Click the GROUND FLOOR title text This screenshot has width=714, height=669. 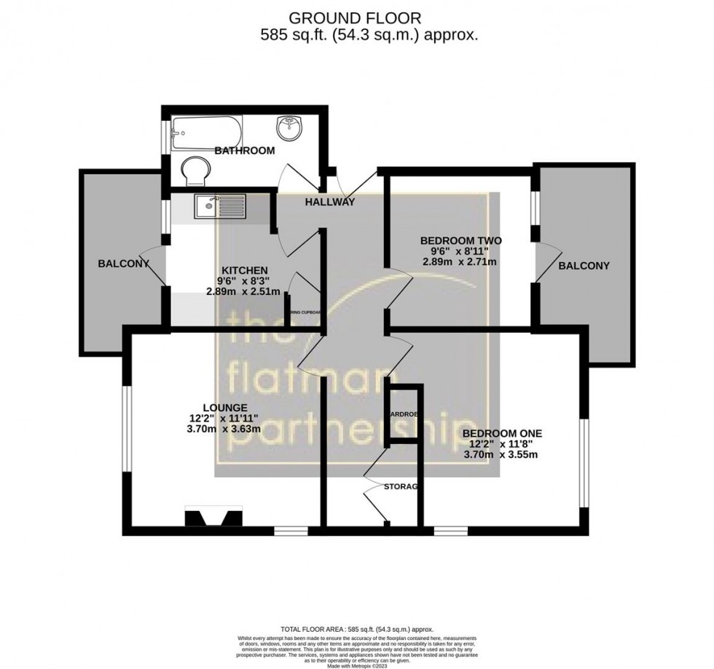pos(356,18)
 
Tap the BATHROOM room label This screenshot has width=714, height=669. pos(244,151)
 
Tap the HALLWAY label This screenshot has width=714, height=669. pos(329,202)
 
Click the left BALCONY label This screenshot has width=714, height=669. pos(123,264)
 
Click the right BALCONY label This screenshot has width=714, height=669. pos(584,266)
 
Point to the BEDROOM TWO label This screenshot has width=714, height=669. pos(461,240)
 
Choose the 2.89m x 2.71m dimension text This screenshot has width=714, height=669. pos(461,263)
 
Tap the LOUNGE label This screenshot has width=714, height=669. pos(225,407)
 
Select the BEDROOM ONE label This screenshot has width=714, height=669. pos(502,434)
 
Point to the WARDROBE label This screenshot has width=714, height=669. pos(404,414)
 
